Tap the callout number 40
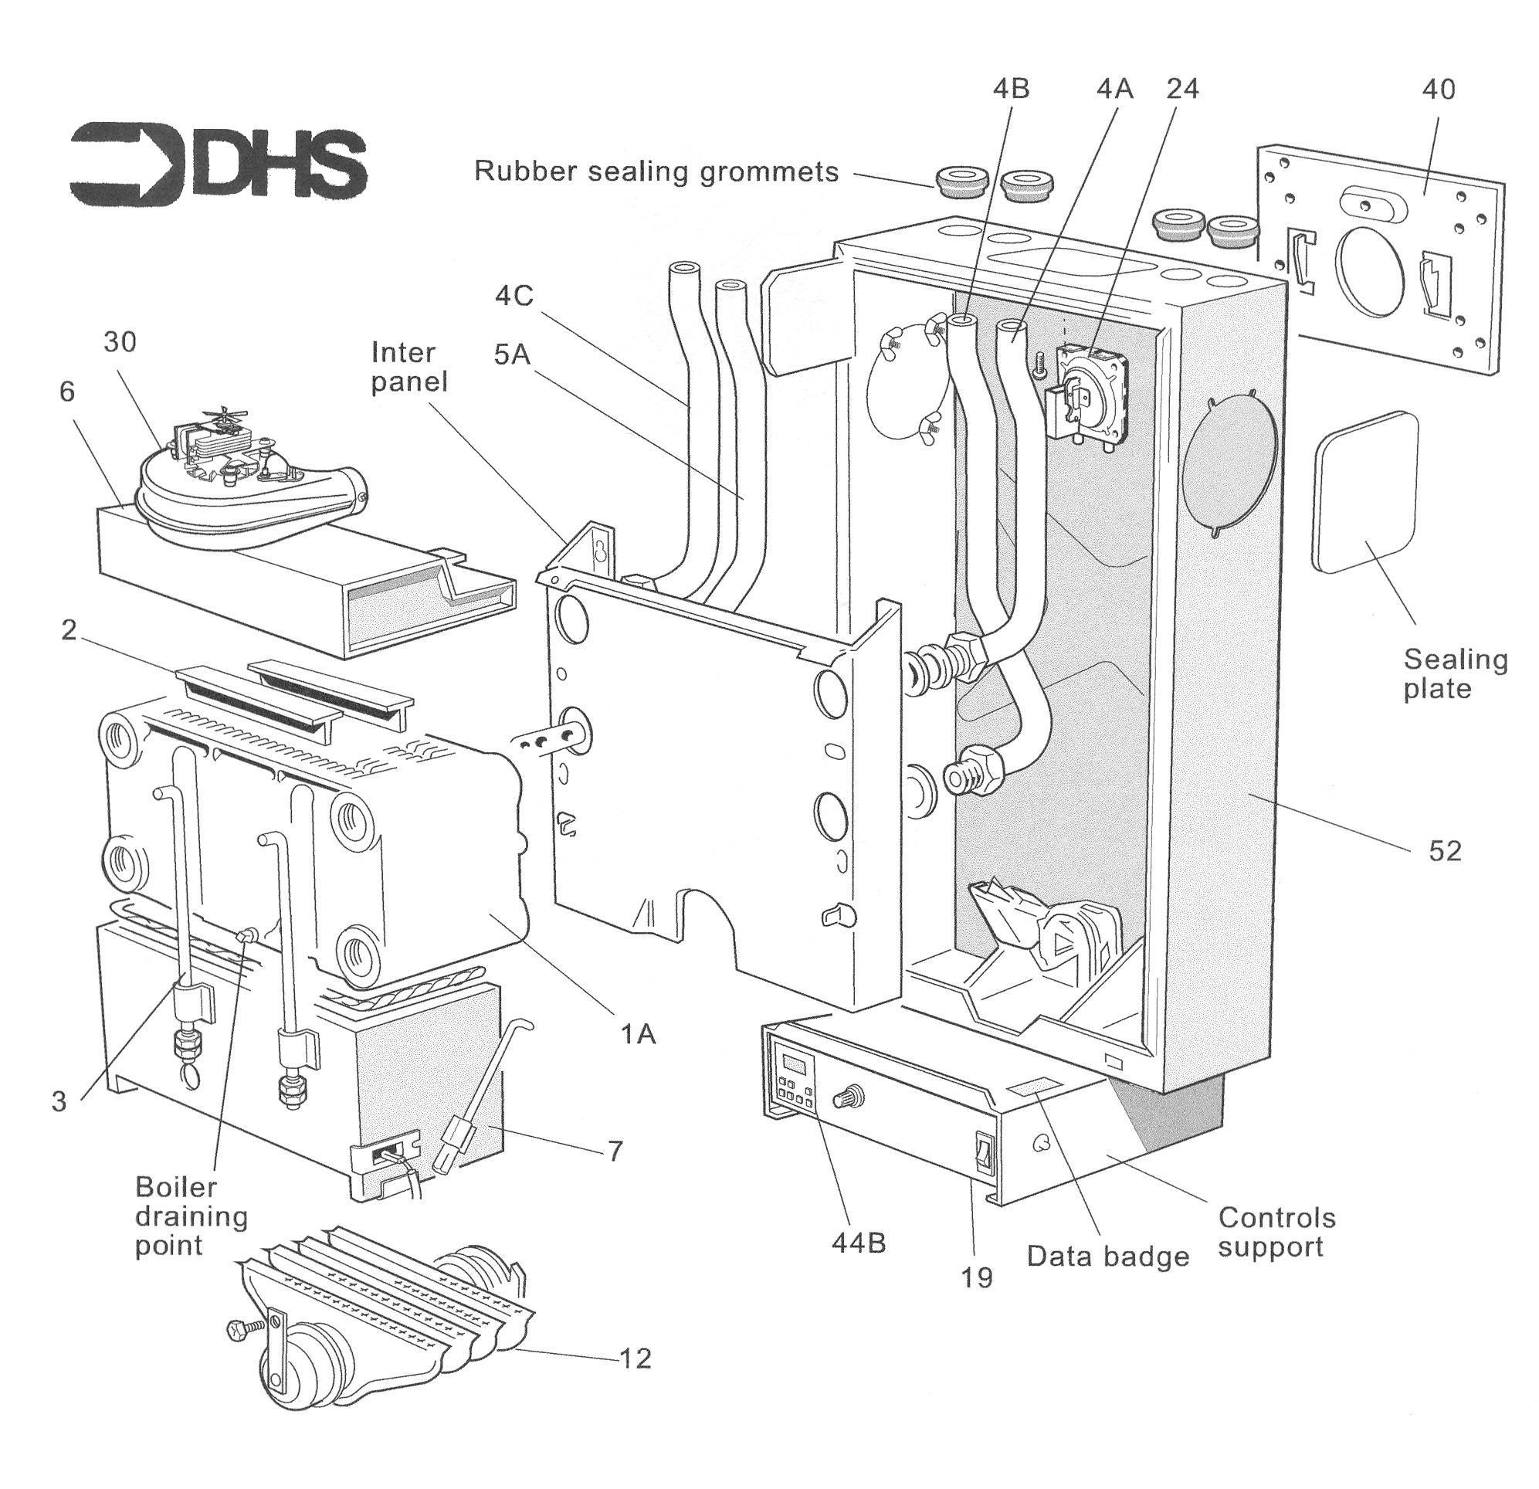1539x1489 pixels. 1438,90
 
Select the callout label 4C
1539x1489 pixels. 514,295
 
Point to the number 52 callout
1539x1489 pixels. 1445,851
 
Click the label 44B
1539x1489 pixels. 858,1244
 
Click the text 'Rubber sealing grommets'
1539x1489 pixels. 656,171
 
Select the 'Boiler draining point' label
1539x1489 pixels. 191,1216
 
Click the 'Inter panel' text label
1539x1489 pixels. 408,368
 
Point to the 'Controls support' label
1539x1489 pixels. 1276,1232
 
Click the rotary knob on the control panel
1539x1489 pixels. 851,1097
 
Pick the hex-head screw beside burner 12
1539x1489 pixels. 238,1330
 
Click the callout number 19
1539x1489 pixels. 978,1277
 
